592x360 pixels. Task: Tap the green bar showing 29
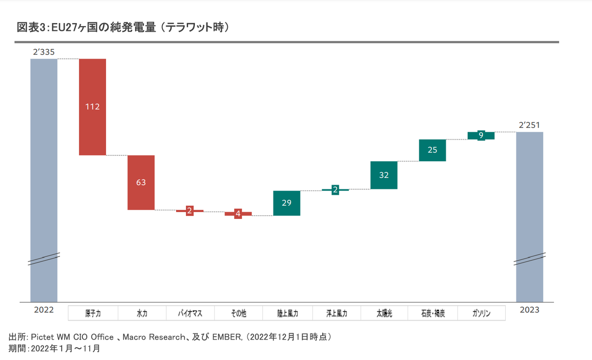click(x=287, y=203)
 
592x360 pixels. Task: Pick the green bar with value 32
click(x=384, y=175)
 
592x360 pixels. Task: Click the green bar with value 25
click(x=432, y=150)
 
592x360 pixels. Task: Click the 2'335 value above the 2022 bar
click(x=43, y=52)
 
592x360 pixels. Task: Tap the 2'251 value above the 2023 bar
click(x=529, y=125)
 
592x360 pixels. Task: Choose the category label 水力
click(x=141, y=313)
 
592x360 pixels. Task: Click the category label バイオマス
click(x=189, y=313)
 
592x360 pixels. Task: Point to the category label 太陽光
click(x=384, y=313)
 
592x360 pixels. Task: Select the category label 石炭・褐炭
click(x=433, y=313)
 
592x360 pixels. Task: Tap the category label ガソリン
click(x=481, y=313)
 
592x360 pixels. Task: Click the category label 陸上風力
click(x=287, y=313)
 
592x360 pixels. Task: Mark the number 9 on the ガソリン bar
click(x=481, y=135)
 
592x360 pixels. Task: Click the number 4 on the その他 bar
click(x=238, y=214)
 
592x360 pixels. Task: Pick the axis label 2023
click(x=529, y=310)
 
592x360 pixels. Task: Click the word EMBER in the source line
click(x=226, y=337)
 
